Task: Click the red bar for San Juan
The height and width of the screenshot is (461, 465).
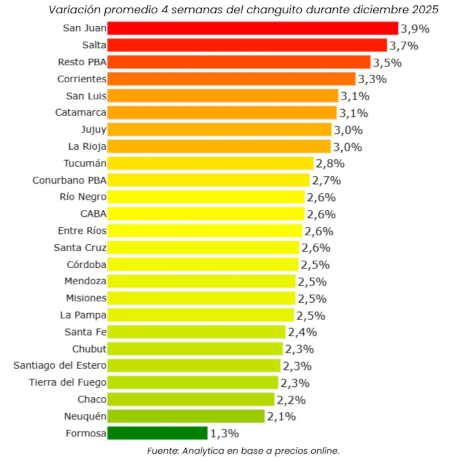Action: pos(252,28)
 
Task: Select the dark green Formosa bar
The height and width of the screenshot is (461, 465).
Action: pos(157,433)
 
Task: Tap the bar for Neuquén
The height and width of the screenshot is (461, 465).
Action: pos(186,416)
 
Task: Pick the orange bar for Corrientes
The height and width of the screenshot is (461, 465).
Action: pos(231,79)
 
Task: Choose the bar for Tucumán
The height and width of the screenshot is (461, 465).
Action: pos(210,163)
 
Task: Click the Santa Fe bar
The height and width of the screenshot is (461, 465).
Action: pos(196,332)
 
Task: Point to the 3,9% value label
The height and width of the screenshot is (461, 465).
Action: pos(415,29)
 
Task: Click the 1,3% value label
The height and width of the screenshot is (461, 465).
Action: pos(224,433)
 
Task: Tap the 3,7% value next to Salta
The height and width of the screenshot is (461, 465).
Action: pos(403,46)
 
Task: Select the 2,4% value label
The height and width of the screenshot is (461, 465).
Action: pos(302,332)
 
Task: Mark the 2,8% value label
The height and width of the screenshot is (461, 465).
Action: pos(330,164)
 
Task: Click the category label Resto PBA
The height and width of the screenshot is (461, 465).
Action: pos(82,62)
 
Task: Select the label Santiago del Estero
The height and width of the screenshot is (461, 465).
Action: pos(60,366)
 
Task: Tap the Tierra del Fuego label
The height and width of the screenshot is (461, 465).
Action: pos(68,383)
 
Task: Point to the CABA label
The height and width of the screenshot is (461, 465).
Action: pos(93,214)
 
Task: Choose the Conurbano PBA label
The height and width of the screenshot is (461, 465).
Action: pos(69,180)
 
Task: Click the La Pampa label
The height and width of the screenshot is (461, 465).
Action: pos(83,315)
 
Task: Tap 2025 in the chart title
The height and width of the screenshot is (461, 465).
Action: pos(425,9)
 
